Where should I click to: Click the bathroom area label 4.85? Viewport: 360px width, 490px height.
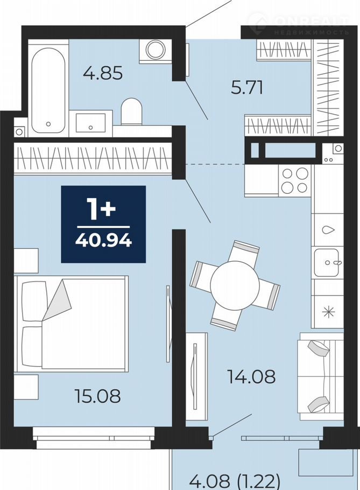point(103,73)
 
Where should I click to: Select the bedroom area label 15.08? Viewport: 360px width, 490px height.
point(97,396)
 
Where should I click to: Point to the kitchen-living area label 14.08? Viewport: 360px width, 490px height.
point(251,376)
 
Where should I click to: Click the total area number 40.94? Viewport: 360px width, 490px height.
point(103,241)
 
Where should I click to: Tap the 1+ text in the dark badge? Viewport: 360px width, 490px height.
point(103,209)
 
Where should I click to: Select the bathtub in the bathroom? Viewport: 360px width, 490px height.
point(48,90)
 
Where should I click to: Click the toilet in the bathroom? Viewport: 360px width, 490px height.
point(131,111)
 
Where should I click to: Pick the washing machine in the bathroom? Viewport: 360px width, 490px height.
point(156,51)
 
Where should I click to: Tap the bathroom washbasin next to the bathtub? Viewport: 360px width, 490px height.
point(90,123)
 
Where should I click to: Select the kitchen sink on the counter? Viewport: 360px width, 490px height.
point(326,262)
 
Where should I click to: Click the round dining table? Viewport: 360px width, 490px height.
point(235,285)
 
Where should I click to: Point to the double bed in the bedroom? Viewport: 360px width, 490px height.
point(72,324)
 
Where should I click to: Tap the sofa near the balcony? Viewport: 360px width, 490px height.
point(321,376)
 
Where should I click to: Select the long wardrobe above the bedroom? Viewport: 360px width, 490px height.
point(93,158)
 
